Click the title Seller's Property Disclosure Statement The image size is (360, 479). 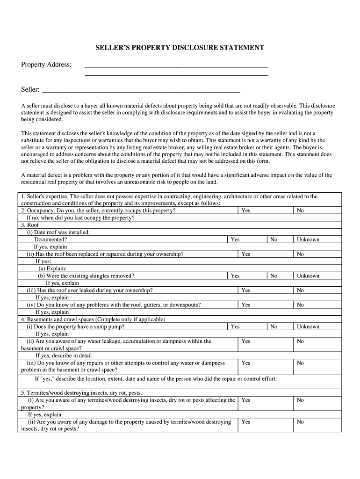(180, 48)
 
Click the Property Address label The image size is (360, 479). (46, 64)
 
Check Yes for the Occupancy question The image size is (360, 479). (245, 210)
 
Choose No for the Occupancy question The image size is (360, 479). (300, 210)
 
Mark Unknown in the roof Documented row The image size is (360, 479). (308, 239)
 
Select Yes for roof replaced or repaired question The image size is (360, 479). (245, 254)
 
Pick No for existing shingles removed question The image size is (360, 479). (274, 276)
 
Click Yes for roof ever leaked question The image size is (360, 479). (245, 290)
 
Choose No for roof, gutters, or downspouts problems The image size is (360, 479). (300, 305)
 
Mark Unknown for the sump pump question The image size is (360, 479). (308, 327)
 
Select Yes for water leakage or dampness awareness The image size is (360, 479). (245, 341)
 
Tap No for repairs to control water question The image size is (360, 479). (300, 363)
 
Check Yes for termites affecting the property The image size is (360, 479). (245, 400)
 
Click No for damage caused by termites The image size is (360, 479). (300, 422)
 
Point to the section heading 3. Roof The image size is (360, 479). (30, 225)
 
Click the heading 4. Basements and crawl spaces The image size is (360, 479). (93, 319)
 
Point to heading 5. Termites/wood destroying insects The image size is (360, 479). (81, 392)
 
